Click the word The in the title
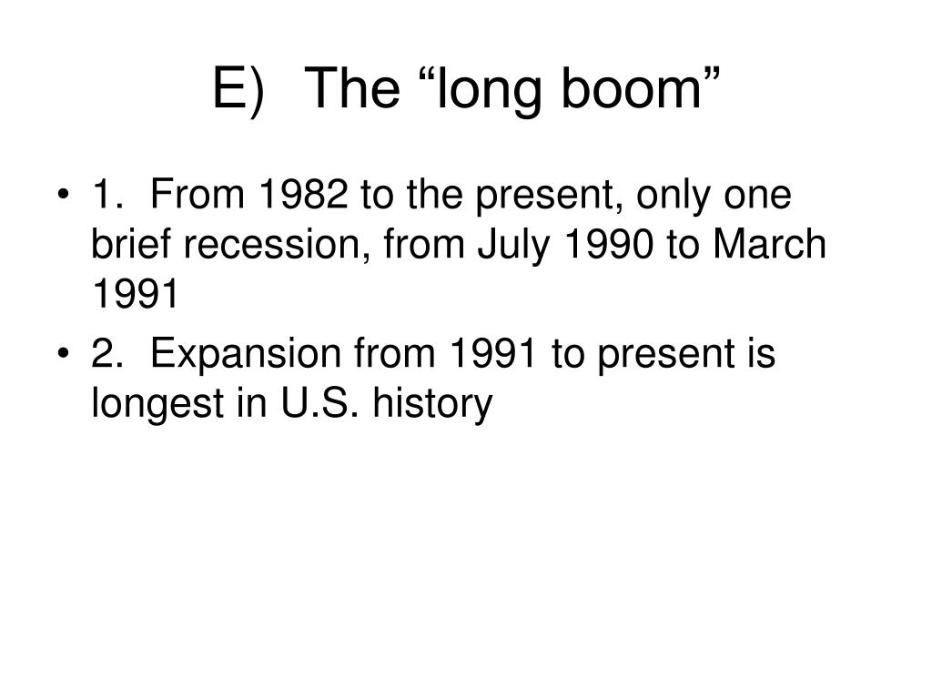pos(355,88)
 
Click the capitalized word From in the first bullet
pos(198,194)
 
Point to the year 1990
pos(607,244)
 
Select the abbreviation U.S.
pos(319,402)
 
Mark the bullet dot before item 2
pos(62,353)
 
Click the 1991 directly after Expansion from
pos(493,353)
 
